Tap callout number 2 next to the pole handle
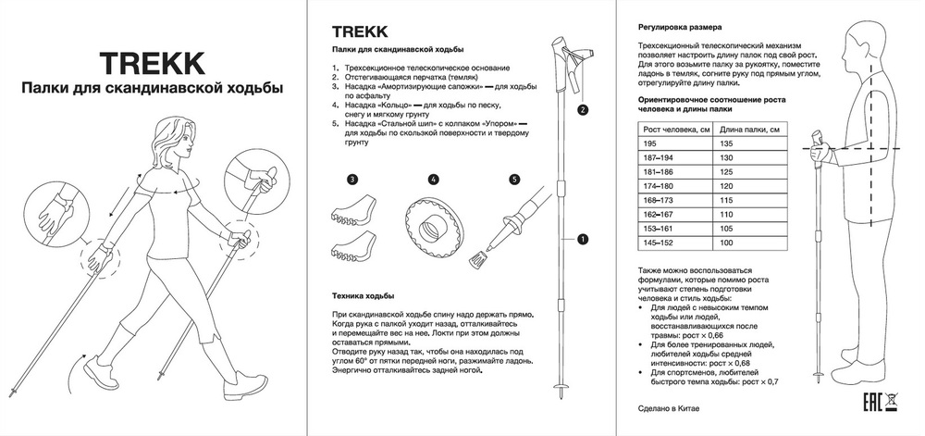[x=583, y=109]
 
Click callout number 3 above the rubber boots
[x=352, y=179]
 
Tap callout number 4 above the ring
[x=433, y=179]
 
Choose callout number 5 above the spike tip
[x=514, y=179]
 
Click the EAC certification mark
[x=869, y=404]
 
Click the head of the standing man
[x=859, y=43]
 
